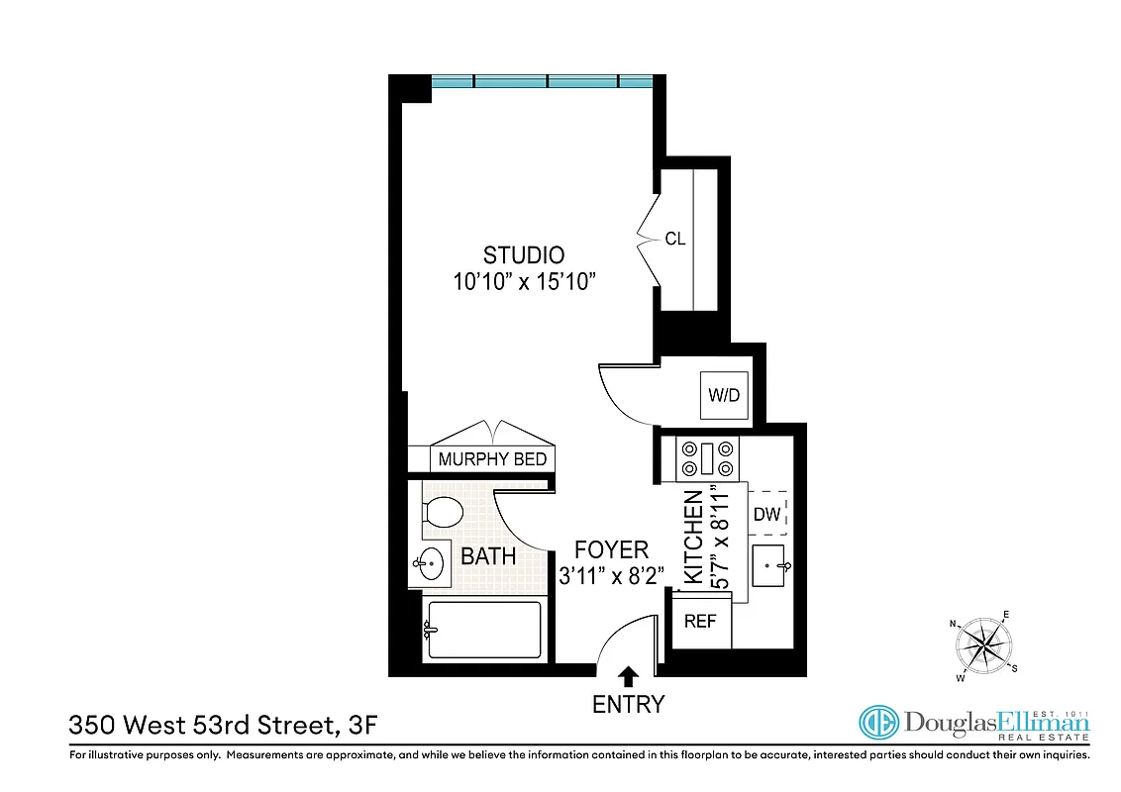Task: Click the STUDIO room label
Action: coord(524,254)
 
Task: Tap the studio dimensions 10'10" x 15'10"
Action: coord(524,281)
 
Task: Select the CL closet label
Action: coord(675,239)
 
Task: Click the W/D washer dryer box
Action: coord(724,395)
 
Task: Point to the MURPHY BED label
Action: coord(492,459)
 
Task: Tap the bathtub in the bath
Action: coord(482,630)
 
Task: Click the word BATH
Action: coord(488,556)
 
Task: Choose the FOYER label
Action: coord(613,549)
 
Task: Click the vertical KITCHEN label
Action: coord(694,537)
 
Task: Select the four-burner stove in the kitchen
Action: coord(707,457)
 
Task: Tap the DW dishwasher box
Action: coord(767,514)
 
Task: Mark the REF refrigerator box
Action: coord(700,622)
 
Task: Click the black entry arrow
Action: coord(628,677)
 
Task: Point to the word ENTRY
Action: coord(628,705)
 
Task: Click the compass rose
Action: coord(982,646)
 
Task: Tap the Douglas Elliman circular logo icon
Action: coord(877,724)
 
